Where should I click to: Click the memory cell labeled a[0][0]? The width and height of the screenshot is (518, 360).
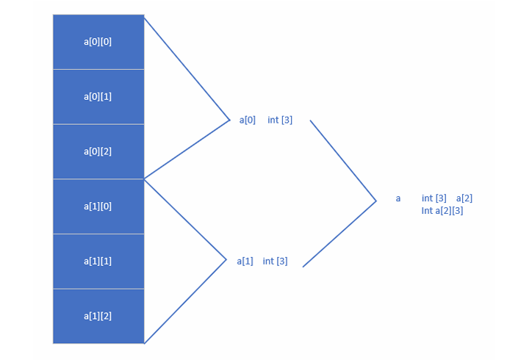[x=98, y=42]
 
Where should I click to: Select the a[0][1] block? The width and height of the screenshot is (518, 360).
[x=98, y=97]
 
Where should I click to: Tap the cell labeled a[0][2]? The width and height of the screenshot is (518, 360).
[x=98, y=151]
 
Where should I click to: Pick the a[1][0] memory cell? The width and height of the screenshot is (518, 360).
[x=98, y=206]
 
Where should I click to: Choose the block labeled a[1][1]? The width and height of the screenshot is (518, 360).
[x=98, y=262]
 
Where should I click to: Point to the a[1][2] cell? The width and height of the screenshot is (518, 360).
[x=98, y=316]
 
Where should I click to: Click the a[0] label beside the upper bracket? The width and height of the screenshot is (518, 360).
[x=248, y=120]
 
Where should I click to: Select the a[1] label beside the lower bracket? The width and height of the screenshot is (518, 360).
[x=245, y=262]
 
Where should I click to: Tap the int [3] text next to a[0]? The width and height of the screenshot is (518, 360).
[x=280, y=120]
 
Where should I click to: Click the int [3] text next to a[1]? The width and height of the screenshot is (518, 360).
[x=275, y=262]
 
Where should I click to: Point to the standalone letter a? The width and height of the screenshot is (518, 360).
[x=398, y=198]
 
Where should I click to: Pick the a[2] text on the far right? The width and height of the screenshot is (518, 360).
[x=464, y=198]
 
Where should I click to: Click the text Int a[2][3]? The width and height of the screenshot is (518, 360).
[x=442, y=211]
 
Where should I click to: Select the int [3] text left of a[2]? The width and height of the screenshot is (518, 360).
[x=434, y=198]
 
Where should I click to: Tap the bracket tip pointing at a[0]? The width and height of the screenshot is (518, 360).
[x=229, y=120]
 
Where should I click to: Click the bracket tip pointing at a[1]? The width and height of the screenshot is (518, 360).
[x=226, y=260]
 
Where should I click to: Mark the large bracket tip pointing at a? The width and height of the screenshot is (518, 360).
[x=376, y=201]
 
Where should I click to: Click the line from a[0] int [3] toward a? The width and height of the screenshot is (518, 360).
[x=343, y=160]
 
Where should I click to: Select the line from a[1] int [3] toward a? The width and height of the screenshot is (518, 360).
[x=339, y=234]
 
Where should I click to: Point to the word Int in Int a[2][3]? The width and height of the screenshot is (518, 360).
[x=427, y=211]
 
